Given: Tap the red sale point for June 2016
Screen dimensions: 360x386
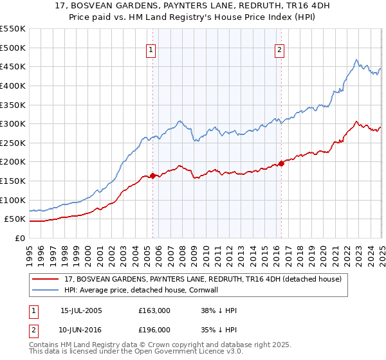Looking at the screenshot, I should point(281,163).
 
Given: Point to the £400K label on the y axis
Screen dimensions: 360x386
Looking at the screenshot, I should point(13,85).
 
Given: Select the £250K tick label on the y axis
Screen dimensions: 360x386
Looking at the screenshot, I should point(13,143).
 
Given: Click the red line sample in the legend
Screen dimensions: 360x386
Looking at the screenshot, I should point(46,278).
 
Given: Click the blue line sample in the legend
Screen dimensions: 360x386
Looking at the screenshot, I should point(46,290).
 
